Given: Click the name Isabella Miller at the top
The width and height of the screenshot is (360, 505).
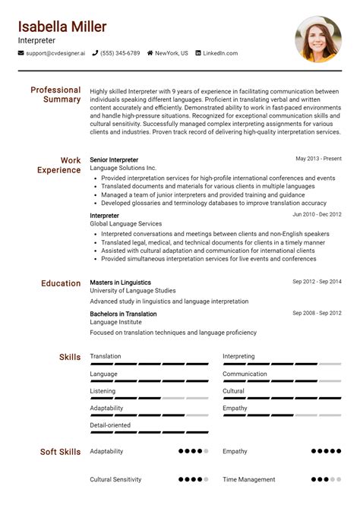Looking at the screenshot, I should pyautogui.click(x=62, y=27).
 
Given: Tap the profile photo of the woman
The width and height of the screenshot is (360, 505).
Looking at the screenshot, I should pyautogui.click(x=318, y=39).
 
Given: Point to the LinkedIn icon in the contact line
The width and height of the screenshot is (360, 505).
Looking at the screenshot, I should pyautogui.click(x=198, y=53).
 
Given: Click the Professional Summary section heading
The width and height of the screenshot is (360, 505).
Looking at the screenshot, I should pyautogui.click(x=55, y=95).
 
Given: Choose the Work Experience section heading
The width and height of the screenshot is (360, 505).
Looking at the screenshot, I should pyautogui.click(x=59, y=166).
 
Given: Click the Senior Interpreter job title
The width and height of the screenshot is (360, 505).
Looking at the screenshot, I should pyautogui.click(x=114, y=160).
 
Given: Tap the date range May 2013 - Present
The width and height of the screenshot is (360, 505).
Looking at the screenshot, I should pyautogui.click(x=319, y=159).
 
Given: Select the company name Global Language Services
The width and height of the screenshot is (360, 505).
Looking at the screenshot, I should pyautogui.click(x=126, y=224).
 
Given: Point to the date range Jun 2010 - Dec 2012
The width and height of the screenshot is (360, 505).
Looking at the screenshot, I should pyautogui.click(x=317, y=216).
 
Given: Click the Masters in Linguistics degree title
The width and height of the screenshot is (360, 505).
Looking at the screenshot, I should pyautogui.click(x=120, y=282).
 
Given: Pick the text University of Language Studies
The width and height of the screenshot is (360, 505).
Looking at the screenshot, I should pyautogui.click(x=133, y=291).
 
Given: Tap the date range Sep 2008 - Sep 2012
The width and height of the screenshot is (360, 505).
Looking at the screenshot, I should pyautogui.click(x=317, y=314).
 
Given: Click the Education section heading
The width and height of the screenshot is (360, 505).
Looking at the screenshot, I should pyautogui.click(x=61, y=283).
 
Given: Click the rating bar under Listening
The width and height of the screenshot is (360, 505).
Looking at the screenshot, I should pyautogui.click(x=149, y=399).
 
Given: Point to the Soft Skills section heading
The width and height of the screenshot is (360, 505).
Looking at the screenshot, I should pyautogui.click(x=60, y=452).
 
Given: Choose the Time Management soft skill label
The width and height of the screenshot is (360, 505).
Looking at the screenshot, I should pyautogui.click(x=249, y=480).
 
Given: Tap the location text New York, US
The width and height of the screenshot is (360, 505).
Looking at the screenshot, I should pyautogui.click(x=172, y=53).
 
